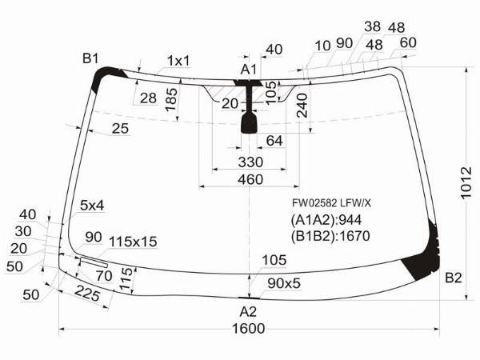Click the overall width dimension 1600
pyautogui.click(x=248, y=329)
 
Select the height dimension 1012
pyautogui.click(x=467, y=182)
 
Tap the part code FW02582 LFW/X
pyautogui.click(x=331, y=202)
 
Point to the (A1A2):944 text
pyautogui.click(x=326, y=220)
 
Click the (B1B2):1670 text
pyautogui.click(x=330, y=236)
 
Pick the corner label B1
pyautogui.click(x=90, y=58)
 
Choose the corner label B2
pyautogui.click(x=453, y=278)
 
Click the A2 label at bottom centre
pyautogui.click(x=248, y=312)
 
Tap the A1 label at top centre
pyautogui.click(x=249, y=70)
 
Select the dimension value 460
pyautogui.click(x=250, y=180)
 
